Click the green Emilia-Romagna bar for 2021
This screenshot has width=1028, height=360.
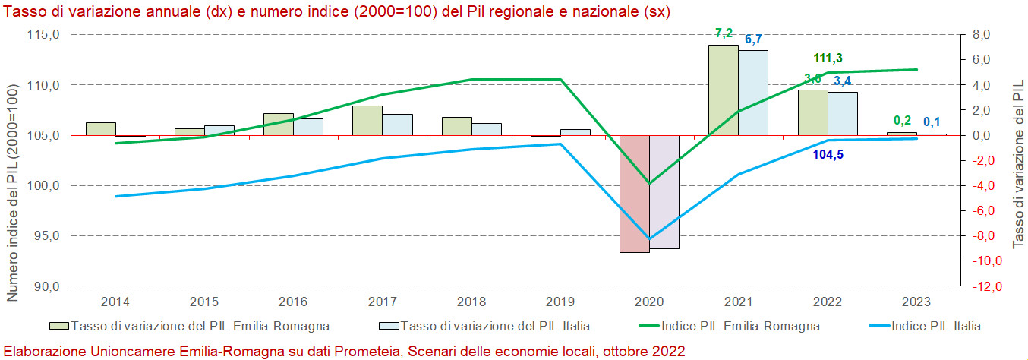point(723,90)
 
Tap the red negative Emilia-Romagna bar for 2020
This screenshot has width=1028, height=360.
point(634,194)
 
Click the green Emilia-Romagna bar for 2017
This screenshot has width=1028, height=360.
point(367,120)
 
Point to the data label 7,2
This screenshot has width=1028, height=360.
point(724,33)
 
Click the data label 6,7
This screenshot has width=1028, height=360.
point(753,39)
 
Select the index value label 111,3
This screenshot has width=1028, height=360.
point(828,58)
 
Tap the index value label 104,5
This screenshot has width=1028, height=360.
point(828,154)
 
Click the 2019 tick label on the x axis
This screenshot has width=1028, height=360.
point(560,302)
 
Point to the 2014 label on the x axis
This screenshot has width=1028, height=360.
point(115,302)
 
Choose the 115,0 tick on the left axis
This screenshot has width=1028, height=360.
point(44,35)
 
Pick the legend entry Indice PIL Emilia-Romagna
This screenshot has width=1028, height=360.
point(740,327)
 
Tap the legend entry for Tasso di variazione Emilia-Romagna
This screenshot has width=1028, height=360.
point(200,327)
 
